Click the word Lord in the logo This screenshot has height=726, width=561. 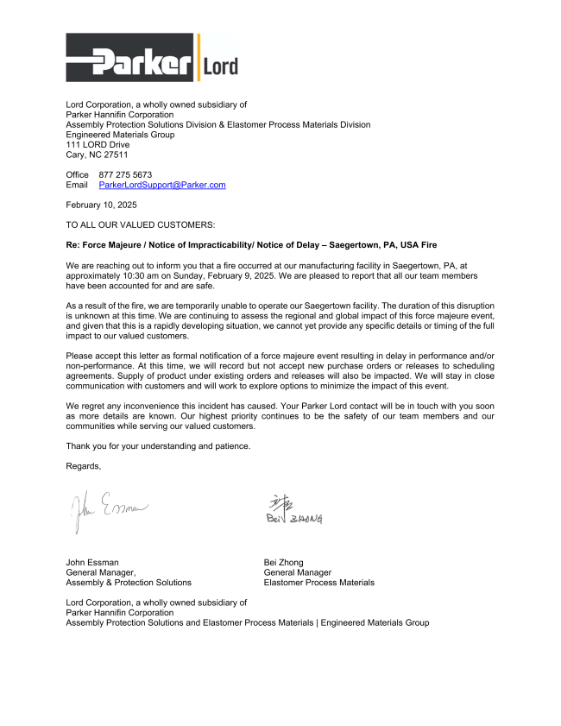coord(220,66)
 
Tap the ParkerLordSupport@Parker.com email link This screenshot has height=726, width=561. coord(162,185)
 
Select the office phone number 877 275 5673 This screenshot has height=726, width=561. coord(125,174)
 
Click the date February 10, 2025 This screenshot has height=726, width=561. coord(101,205)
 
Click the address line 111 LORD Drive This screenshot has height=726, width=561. coord(98,145)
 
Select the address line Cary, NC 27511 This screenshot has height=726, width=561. coord(97,155)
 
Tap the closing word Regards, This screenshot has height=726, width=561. coord(84,466)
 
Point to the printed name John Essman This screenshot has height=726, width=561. coord(92,562)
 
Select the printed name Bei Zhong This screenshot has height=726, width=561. coord(283,562)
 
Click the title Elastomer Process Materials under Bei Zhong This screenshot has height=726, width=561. coord(318,583)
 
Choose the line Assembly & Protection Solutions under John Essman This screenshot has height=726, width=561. coord(129,583)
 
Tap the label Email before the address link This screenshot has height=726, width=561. coord(77,185)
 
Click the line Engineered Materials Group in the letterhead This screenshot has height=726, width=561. coord(120,135)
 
